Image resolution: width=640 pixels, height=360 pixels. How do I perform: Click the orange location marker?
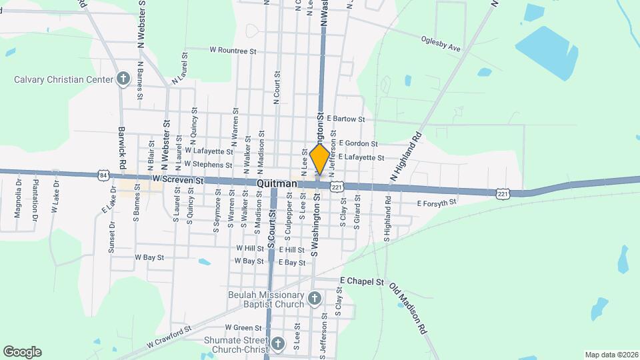(320, 159)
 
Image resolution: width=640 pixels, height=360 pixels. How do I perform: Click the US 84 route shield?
(103, 175)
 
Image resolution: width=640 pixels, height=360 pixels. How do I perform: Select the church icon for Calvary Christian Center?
(123, 79)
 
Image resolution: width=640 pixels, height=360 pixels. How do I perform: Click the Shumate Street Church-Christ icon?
(278, 345)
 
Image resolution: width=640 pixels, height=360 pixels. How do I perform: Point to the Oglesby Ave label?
(441, 44)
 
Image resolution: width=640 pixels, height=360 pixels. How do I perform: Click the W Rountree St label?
(233, 49)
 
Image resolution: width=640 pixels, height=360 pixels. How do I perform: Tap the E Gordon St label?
(358, 143)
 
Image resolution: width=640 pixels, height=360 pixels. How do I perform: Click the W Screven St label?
(177, 180)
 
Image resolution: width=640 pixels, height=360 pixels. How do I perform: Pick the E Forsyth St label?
(437, 203)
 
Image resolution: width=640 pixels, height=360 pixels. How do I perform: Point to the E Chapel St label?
(362, 281)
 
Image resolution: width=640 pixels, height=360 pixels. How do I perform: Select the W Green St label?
(243, 327)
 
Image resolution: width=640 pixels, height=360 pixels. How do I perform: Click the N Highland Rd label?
(405, 155)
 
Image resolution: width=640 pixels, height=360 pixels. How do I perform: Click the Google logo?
(22, 352)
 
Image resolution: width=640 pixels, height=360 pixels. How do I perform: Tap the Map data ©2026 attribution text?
(610, 355)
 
